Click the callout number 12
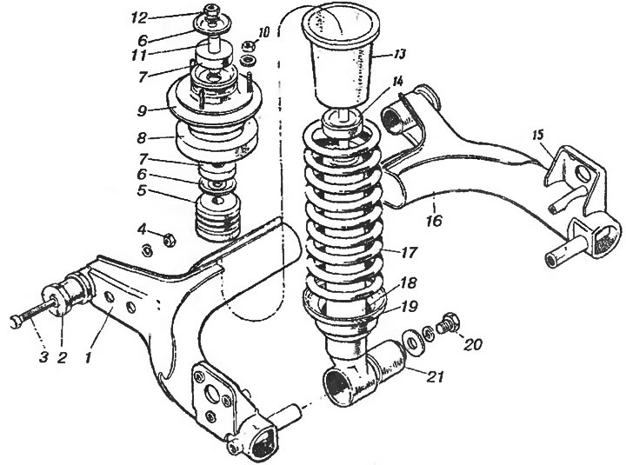[x=139, y=17]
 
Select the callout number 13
[x=397, y=54]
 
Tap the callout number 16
[x=435, y=220]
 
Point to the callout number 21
[x=436, y=375]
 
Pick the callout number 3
[x=43, y=356]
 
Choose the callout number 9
[x=143, y=110]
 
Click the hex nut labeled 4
[x=169, y=240]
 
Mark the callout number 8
[x=142, y=137]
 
